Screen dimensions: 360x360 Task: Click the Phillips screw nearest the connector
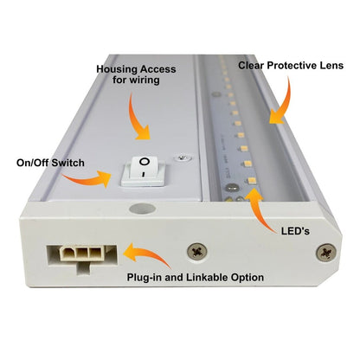(x=196, y=250)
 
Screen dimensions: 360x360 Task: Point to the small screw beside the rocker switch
(x=180, y=157)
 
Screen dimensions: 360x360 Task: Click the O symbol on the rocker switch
(x=145, y=163)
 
